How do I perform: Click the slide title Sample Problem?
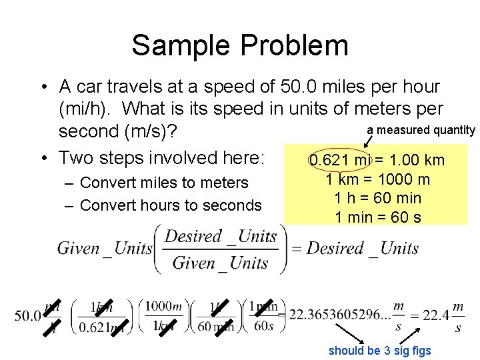click(240, 45)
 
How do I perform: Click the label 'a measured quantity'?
click(421, 130)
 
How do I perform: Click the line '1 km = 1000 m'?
click(377, 179)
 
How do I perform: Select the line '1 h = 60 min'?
click(377, 198)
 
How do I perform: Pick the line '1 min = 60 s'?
click(377, 217)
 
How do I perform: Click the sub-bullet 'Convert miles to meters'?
click(164, 183)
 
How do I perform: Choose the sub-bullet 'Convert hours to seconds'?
click(171, 205)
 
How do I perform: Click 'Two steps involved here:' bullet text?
click(162, 158)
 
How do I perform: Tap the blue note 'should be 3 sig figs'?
click(380, 351)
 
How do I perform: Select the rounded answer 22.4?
click(434, 315)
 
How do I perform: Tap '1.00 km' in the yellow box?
click(417, 161)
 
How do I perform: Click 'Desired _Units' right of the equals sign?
click(363, 249)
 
